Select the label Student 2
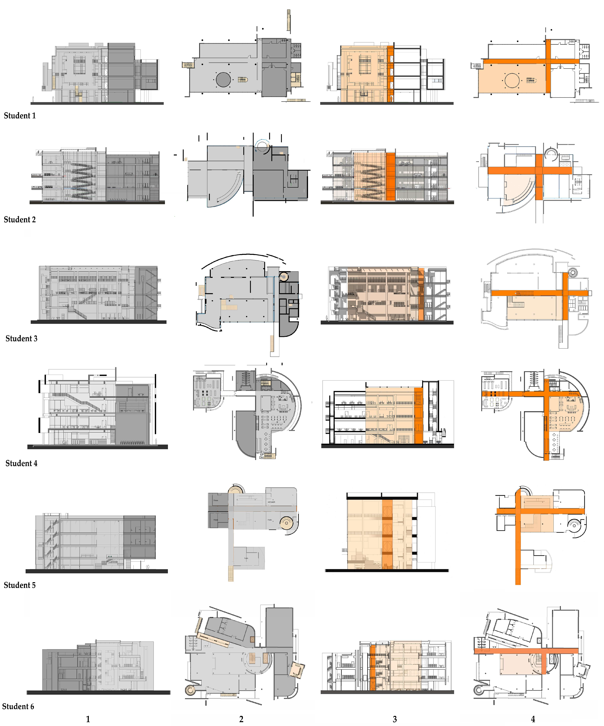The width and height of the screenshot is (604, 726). (x=20, y=219)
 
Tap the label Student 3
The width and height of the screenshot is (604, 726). (x=21, y=338)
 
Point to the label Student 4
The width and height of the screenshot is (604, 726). (x=21, y=463)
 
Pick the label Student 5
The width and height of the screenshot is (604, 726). (x=20, y=585)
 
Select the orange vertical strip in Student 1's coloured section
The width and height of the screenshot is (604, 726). (x=390, y=74)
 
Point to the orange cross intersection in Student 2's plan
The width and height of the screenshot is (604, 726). (x=539, y=170)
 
